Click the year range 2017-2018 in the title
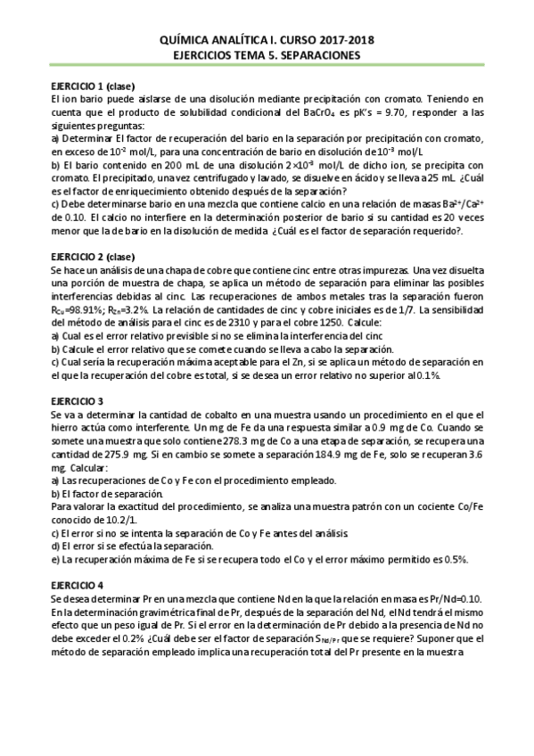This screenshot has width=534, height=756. [x=342, y=40]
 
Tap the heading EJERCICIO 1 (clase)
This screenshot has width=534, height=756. [x=93, y=86]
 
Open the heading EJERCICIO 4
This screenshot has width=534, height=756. [x=78, y=585]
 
